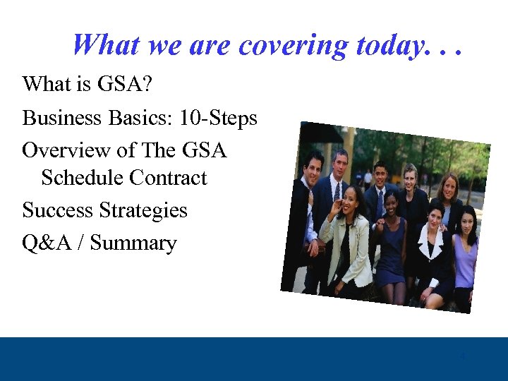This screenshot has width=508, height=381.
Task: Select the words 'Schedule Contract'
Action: pos(124,178)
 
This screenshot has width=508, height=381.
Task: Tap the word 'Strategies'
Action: pos(143,210)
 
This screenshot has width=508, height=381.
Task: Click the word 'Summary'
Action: pos(133,243)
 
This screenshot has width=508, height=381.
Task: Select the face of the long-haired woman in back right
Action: pos(449,188)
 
